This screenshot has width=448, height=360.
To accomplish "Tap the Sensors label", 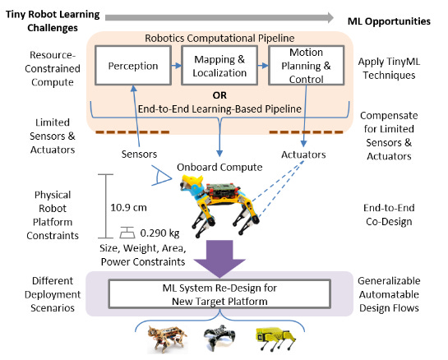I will tap(140, 154).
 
